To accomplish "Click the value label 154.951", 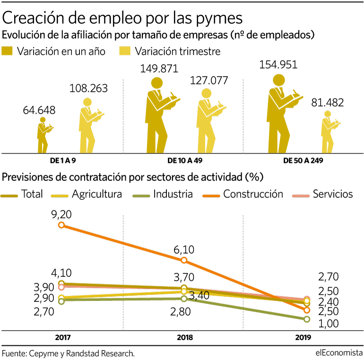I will pos(278,65).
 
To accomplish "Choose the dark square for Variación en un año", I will pos(8,51).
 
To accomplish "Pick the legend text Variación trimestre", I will pos(178,51).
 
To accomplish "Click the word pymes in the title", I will pos(216,17).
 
